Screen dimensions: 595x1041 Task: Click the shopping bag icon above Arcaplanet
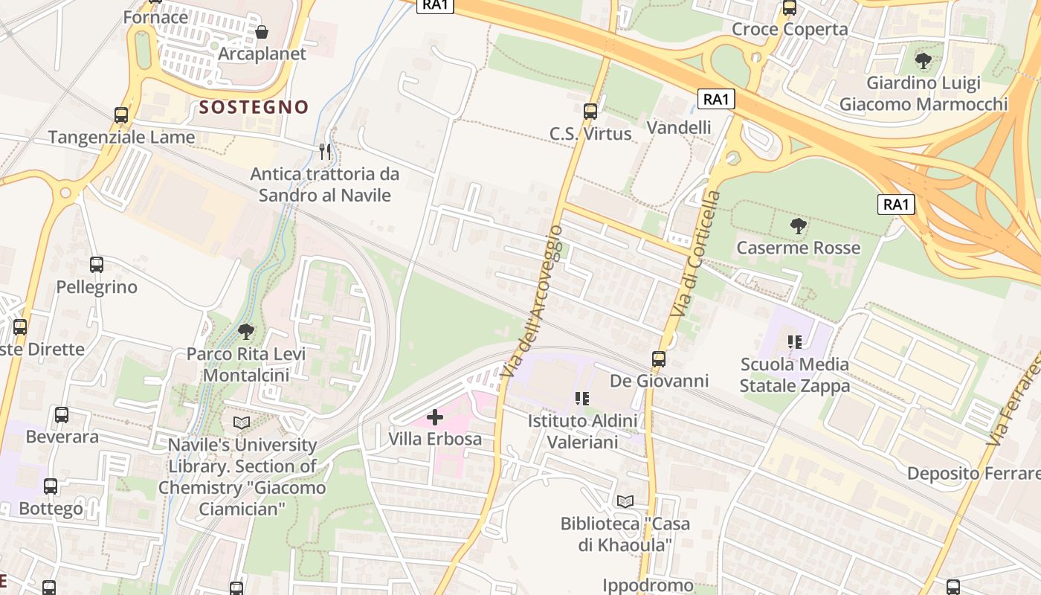click(262, 32)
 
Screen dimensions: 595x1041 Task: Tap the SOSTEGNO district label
click(254, 107)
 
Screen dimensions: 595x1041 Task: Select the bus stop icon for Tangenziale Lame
click(121, 115)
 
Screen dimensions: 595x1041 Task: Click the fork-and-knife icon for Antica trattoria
click(324, 152)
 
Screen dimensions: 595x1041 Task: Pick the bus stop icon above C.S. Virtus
click(590, 112)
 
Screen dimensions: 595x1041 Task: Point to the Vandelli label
click(679, 127)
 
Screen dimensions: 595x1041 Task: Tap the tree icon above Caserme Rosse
click(798, 225)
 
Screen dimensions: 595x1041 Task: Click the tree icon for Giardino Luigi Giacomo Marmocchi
click(924, 60)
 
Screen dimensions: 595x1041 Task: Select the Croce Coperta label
click(790, 29)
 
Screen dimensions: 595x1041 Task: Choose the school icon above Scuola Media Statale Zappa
click(794, 342)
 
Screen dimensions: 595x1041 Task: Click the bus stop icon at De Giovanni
click(659, 359)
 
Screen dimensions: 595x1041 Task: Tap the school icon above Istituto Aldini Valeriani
click(582, 399)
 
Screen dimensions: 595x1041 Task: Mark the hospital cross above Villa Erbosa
click(435, 417)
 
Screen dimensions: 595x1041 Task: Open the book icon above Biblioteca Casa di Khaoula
click(625, 502)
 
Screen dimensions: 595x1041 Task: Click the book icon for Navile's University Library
click(242, 423)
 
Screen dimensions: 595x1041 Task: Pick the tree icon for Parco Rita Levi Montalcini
click(245, 332)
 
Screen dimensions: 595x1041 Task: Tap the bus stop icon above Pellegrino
click(97, 265)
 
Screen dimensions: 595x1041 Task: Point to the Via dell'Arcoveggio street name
click(532, 301)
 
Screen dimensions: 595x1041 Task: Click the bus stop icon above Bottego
click(51, 486)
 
